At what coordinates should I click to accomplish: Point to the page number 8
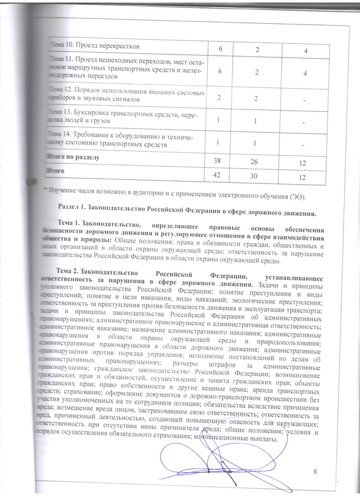315,471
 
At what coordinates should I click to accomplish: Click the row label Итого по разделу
74,157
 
